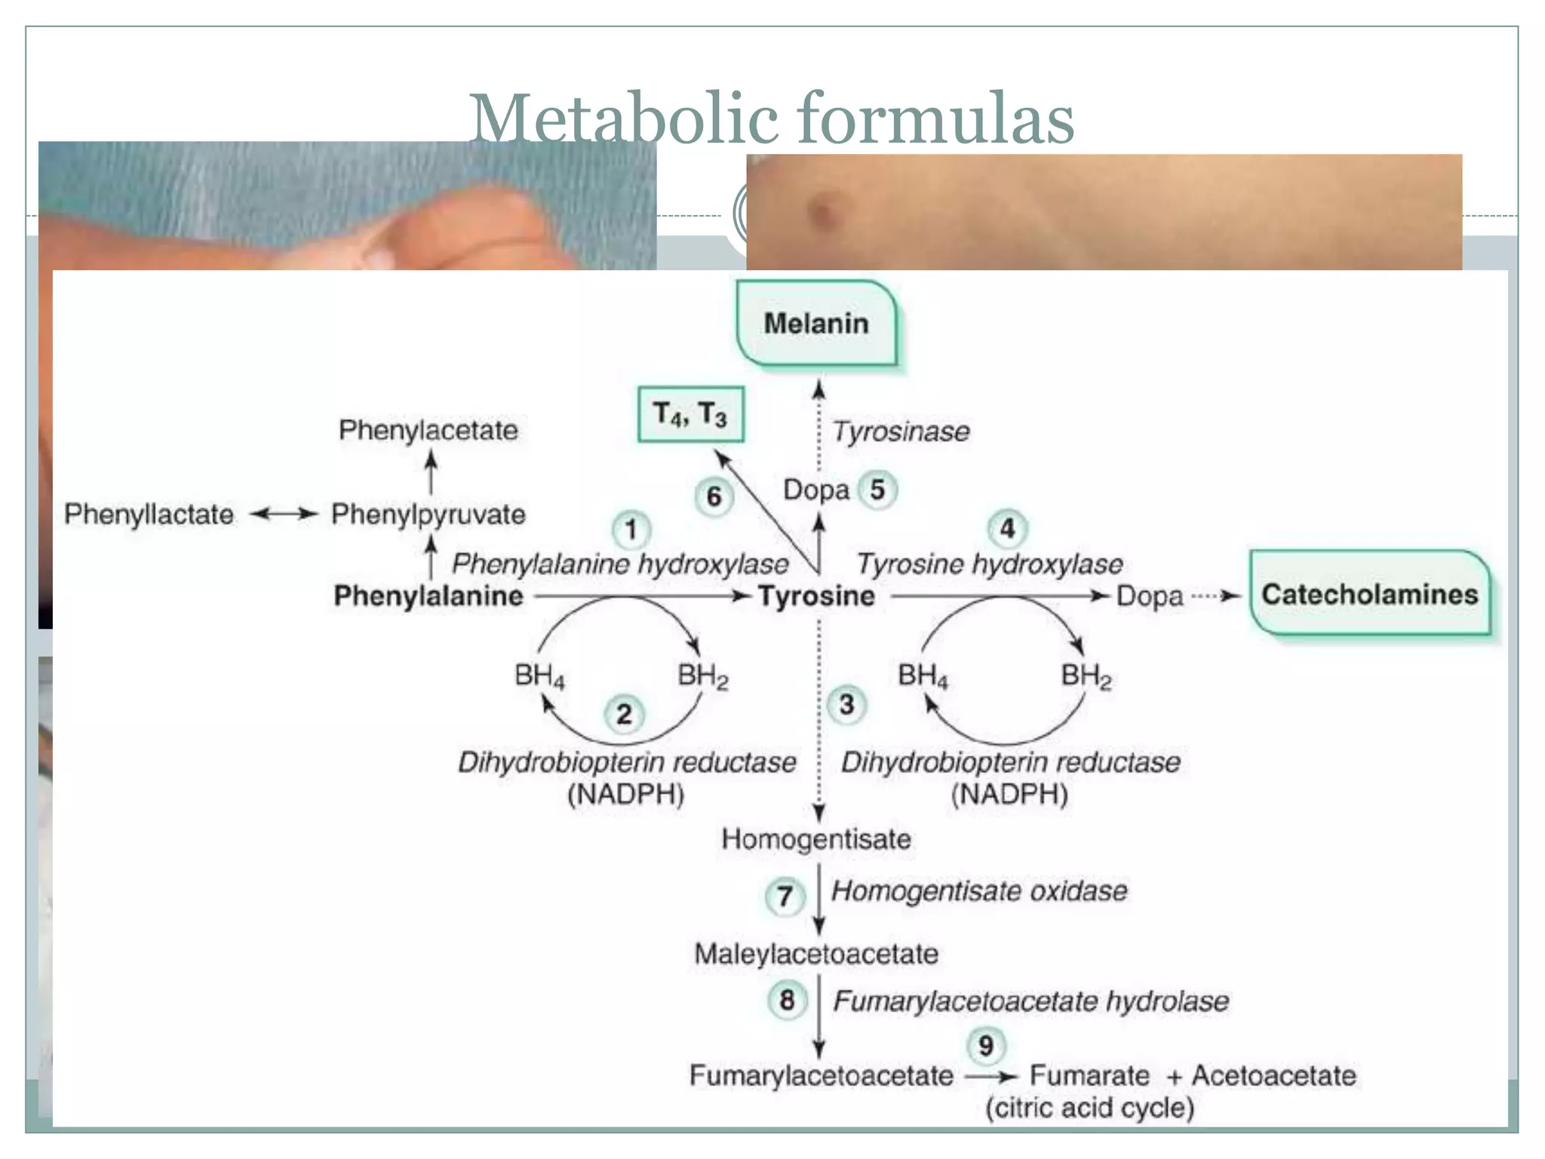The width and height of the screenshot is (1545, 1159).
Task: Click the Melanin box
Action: (816, 324)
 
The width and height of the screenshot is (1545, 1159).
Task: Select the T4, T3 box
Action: (690, 414)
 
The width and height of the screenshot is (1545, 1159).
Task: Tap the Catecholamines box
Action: (1369, 595)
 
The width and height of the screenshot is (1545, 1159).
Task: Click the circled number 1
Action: (631, 529)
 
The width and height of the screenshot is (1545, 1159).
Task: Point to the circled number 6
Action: (714, 496)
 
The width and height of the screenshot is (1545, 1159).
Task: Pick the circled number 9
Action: (985, 1046)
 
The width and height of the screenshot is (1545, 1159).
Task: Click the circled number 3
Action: (846, 705)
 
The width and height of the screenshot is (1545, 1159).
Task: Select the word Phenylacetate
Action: (428, 430)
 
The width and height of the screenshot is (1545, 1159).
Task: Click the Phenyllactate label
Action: (149, 515)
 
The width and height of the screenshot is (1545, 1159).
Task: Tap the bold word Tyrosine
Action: (816, 596)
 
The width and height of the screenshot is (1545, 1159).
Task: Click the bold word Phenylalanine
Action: (428, 596)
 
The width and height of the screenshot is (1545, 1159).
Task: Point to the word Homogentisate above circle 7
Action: (816, 839)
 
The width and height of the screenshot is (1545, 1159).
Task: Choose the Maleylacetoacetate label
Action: (816, 954)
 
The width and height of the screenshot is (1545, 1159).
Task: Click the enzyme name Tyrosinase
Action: (901, 432)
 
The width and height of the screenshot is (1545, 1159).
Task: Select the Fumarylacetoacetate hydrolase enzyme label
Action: (1031, 1001)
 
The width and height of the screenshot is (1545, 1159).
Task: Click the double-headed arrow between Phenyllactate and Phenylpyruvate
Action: (283, 515)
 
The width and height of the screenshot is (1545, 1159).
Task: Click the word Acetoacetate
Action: (1273, 1075)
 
